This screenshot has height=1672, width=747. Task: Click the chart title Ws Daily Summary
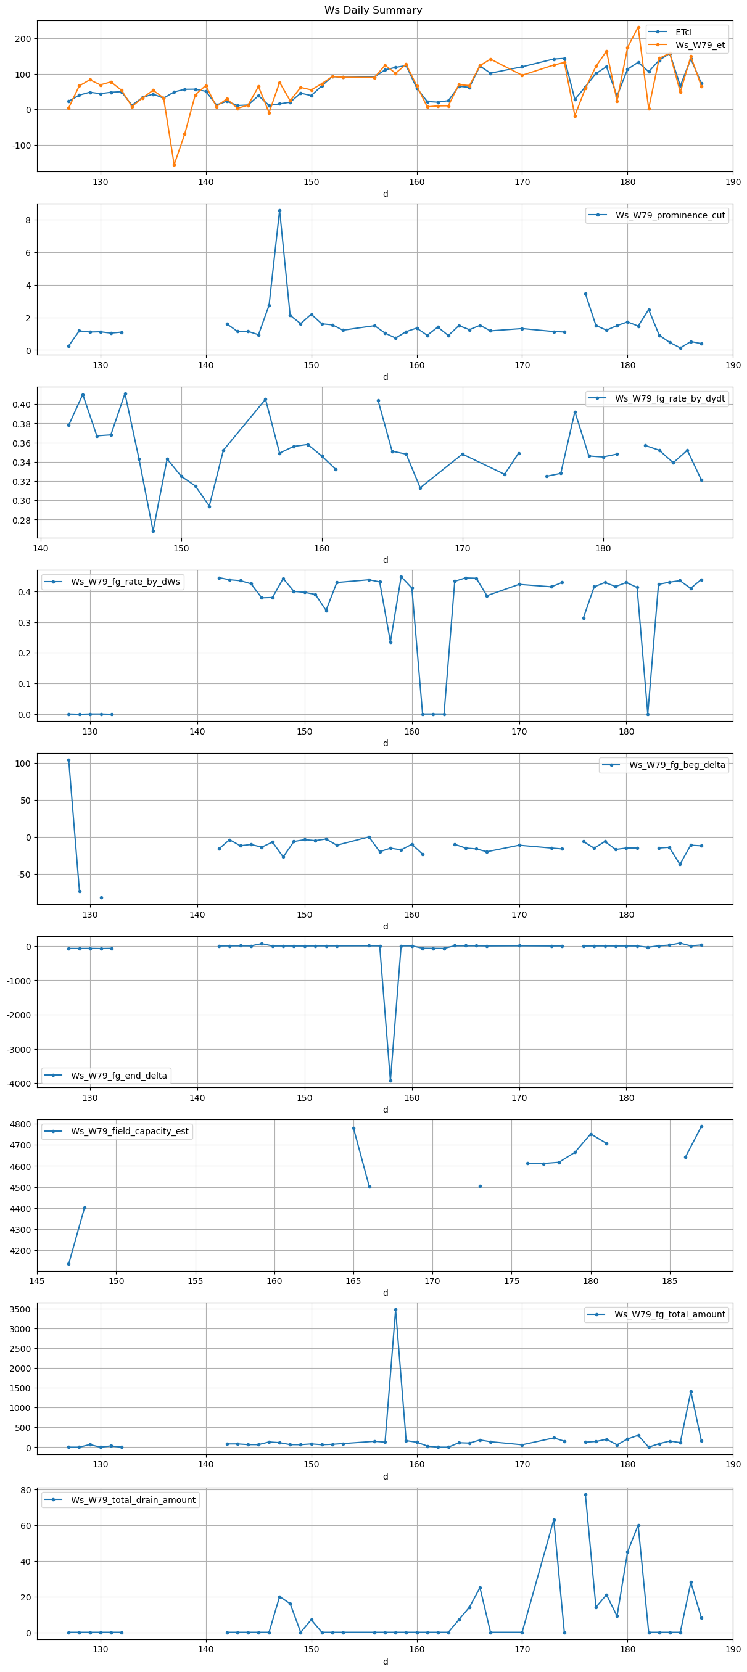point(373,10)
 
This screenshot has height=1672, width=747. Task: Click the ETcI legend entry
point(683,32)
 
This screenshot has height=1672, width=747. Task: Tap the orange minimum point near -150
point(174,165)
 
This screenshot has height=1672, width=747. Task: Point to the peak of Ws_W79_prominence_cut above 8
point(279,210)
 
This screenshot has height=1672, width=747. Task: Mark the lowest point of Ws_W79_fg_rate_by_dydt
point(153,531)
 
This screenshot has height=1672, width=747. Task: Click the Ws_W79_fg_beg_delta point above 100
point(69,760)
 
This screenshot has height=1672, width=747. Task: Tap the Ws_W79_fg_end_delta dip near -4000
point(390,1081)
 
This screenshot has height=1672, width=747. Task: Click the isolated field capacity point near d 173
point(481,1187)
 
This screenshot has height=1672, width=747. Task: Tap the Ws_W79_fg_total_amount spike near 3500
point(396,1310)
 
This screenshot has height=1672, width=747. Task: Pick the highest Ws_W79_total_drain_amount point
point(585,1495)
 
